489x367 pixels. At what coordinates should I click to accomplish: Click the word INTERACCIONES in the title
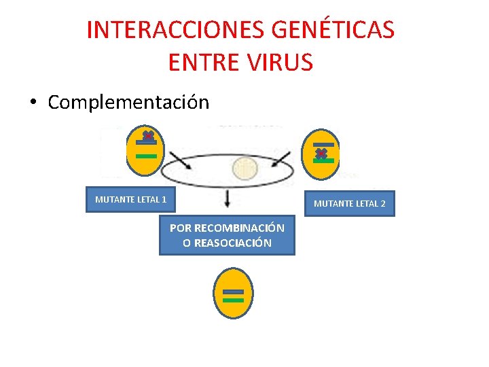click(175, 30)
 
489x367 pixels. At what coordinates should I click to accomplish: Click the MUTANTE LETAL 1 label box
click(130, 200)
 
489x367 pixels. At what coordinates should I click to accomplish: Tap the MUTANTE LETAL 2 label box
click(349, 203)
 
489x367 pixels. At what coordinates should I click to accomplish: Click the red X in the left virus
click(147, 136)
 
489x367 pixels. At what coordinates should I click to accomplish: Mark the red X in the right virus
click(321, 154)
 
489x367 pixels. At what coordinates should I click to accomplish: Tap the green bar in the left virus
click(146, 156)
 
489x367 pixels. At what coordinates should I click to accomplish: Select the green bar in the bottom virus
click(233, 300)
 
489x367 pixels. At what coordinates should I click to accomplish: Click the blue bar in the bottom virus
click(233, 292)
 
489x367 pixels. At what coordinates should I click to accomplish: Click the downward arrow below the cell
click(228, 198)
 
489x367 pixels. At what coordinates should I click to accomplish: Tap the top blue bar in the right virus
click(323, 145)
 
